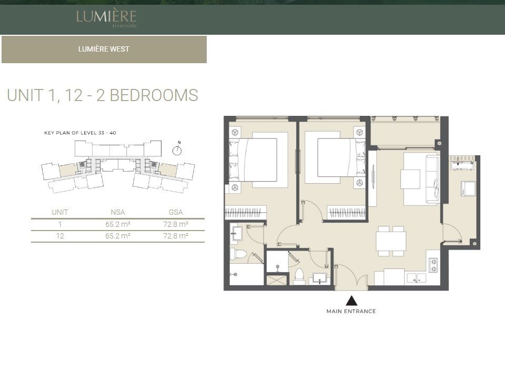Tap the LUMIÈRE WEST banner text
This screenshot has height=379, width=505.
pos(104,49)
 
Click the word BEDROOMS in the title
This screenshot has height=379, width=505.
pos(154,95)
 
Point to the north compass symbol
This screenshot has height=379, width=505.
pos(177,149)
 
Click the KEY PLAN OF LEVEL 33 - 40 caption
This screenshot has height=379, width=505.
pos(80,133)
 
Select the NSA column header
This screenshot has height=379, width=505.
pos(117,212)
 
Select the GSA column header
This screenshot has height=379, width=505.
pos(176,212)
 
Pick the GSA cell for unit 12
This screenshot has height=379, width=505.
pos(176,236)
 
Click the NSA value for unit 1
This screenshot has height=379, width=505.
pos(117,224)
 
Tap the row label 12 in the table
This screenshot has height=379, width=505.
pos(60,236)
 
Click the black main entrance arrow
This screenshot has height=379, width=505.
pos(351,301)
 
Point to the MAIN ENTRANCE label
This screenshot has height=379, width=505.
pos(351,311)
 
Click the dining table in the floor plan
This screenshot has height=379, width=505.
pos(391,241)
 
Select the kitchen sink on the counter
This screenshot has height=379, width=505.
pos(417,278)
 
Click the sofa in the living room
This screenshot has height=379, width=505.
pos(432,179)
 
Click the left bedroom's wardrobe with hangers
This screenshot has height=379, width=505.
pos(246,213)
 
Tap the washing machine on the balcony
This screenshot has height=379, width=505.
pos(468,188)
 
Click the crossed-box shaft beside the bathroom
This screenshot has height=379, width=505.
pos(277,280)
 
